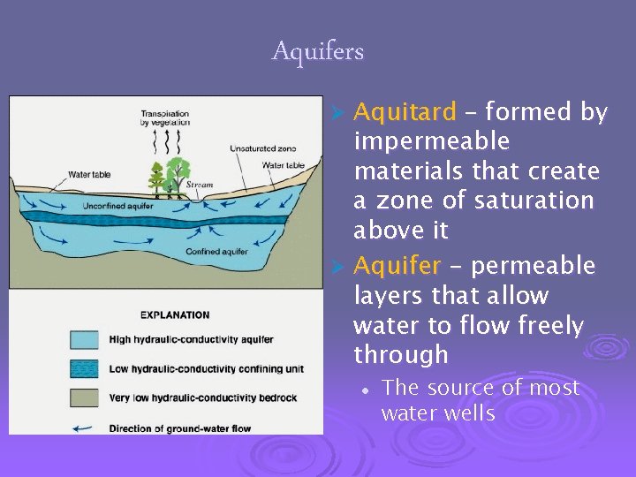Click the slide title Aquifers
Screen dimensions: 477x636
click(x=318, y=52)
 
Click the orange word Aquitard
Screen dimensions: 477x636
click(x=405, y=112)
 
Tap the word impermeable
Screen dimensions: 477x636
click(x=431, y=141)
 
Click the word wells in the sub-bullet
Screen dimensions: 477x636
click(x=466, y=413)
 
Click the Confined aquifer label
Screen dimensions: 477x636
click(x=216, y=252)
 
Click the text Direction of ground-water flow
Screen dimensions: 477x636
click(x=179, y=428)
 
